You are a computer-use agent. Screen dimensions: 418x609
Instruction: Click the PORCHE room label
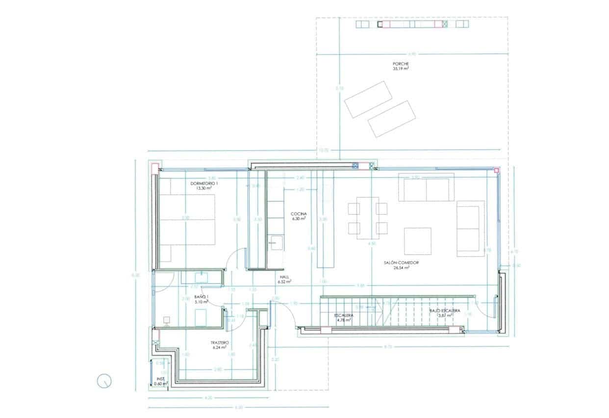point(401,64)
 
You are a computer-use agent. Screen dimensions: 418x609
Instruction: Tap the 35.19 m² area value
point(401,69)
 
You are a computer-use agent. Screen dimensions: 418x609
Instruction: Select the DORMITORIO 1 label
point(204,183)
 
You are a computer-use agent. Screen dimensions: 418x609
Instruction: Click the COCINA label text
point(299,214)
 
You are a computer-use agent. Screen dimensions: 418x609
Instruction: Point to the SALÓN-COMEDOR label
point(401,263)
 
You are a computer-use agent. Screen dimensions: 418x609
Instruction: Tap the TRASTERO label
point(219,342)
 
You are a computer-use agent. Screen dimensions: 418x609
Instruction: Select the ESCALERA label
point(344,315)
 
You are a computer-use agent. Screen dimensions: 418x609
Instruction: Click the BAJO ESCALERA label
point(444,311)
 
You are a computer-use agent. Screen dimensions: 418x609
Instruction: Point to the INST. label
point(160,379)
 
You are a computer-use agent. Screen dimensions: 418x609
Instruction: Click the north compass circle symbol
point(105,381)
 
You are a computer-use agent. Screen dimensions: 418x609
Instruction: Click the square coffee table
point(417,241)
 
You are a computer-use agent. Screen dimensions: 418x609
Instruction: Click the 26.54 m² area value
point(401,268)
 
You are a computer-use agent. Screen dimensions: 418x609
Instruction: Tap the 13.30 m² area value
point(204,188)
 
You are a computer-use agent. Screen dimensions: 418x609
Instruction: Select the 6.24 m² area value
point(219,347)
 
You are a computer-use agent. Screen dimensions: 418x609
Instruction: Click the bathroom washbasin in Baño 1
point(201,278)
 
